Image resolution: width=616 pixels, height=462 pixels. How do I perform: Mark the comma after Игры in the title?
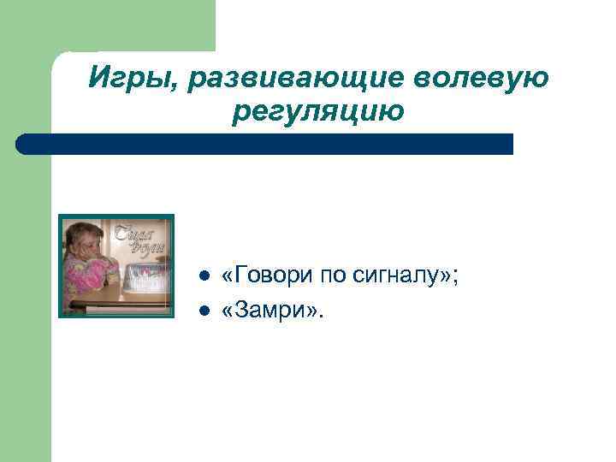[178, 86]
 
